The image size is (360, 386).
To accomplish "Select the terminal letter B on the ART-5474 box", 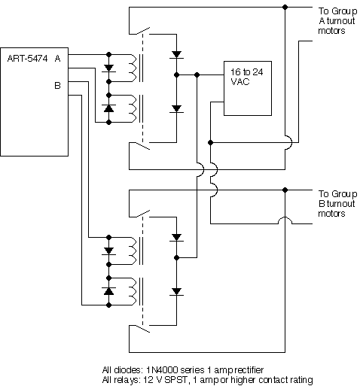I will click(57, 85).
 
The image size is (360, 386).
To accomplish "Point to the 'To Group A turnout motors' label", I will click(332, 21).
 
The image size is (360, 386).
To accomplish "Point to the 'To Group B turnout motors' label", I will click(332, 203).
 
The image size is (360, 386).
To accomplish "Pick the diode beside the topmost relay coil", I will click(109, 68).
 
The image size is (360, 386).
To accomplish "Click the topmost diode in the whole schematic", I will click(178, 54).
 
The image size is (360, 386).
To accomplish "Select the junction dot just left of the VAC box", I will click(197, 75).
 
